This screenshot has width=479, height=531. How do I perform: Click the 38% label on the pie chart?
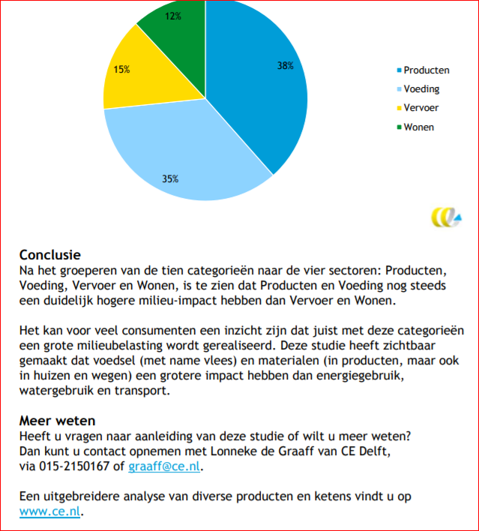(x=285, y=66)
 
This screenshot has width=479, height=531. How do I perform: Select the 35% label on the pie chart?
(x=170, y=178)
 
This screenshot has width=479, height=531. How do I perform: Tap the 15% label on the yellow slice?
(x=121, y=70)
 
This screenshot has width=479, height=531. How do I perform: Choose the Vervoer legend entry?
(x=421, y=108)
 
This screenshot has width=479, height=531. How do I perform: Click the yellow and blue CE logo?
(x=448, y=217)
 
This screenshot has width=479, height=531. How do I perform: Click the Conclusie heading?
(x=50, y=255)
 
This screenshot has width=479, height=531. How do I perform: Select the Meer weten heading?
(x=57, y=421)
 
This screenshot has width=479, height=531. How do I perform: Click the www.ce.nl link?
(x=50, y=513)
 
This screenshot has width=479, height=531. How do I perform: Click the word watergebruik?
(x=58, y=390)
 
